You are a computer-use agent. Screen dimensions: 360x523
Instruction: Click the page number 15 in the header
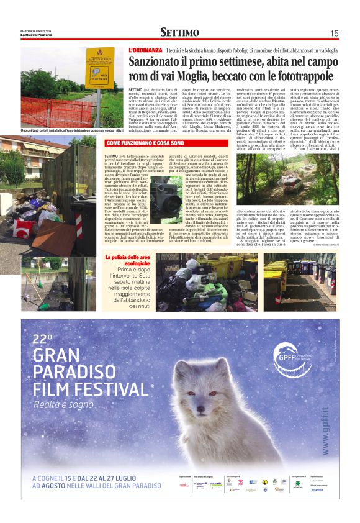pos(334,33)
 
